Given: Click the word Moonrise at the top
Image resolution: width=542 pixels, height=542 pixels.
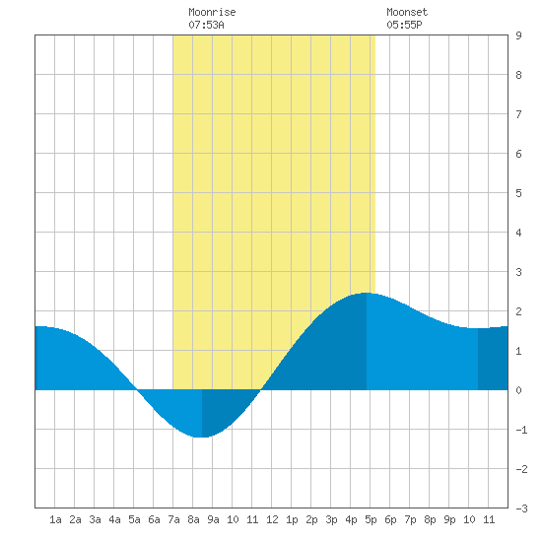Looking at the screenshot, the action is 212,12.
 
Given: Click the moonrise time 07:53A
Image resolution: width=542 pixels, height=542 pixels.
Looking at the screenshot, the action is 206,25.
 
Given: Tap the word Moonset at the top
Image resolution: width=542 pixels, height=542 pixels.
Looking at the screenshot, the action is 407,12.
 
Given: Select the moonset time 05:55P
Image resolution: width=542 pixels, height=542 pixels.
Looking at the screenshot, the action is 404,25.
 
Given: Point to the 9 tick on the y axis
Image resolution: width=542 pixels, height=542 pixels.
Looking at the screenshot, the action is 518,35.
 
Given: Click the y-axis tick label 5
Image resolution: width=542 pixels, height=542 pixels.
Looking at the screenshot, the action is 518,193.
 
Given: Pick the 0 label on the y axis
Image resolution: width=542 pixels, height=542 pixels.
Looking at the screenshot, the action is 518,390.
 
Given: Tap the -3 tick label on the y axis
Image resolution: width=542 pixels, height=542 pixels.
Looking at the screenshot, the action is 521,508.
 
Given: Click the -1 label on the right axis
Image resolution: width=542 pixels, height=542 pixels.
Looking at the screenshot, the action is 521,430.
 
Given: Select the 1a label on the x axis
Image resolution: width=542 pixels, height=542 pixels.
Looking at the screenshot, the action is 55,519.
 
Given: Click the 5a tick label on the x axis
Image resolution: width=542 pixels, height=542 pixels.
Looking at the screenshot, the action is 134,519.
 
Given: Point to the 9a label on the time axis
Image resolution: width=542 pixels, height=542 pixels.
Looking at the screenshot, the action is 213,519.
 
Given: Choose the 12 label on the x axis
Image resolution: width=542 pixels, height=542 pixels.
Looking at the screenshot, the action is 272,519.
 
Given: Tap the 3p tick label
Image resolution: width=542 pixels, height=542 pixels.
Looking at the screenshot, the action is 331,519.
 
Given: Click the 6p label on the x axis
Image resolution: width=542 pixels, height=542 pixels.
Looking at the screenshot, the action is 390,519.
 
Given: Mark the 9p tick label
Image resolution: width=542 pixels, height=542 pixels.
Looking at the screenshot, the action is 449,519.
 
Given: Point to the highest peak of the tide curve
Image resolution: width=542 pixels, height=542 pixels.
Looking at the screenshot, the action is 367,293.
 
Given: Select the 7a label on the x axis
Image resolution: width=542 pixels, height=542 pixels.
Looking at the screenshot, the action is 173,519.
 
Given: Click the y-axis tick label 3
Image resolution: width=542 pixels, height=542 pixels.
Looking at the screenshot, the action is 518,272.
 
